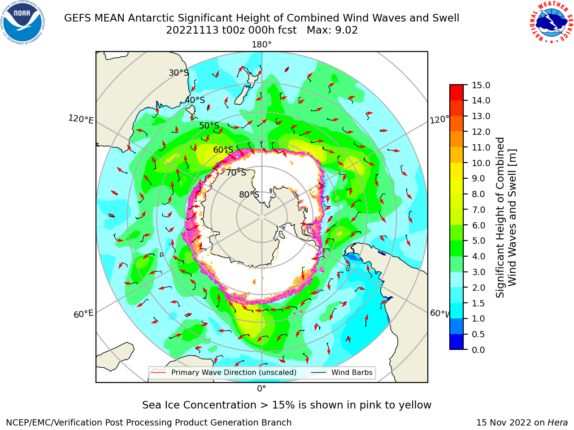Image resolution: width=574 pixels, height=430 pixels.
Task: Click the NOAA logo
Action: pos(23,23)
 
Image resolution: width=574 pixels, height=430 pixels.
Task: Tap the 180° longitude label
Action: pos(261,45)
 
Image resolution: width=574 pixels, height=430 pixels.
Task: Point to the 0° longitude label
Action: pos(261,389)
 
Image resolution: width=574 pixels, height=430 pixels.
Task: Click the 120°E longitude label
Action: pos(81,119)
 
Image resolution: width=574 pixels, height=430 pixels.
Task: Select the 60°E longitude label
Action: pos(83,314)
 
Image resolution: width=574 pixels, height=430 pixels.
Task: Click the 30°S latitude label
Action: pos(178,73)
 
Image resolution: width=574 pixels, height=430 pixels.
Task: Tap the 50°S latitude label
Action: pos(209,125)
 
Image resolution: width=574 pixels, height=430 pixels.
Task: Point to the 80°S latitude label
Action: pos(249,194)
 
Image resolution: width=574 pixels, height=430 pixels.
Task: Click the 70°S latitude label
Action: pos(236,172)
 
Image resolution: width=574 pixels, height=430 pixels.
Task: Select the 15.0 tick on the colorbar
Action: pos(481,85)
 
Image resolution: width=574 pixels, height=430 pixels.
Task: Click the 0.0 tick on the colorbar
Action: pos(478,350)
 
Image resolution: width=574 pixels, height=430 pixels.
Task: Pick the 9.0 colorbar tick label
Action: pos(478,179)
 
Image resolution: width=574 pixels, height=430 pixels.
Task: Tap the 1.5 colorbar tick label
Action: pos(478,303)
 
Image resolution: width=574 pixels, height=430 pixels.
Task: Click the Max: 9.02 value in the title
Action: pos(332,30)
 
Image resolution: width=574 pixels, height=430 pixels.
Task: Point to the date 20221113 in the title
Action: pos(192,30)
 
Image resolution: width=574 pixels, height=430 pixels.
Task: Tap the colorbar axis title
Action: pos(506,217)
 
